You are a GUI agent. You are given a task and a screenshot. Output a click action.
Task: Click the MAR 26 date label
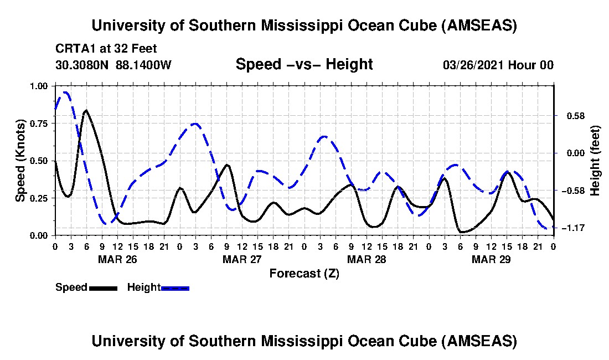(x=117, y=259)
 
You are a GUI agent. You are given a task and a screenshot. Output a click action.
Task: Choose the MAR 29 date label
(x=491, y=259)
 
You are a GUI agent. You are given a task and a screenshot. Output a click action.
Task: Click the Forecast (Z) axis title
(x=304, y=273)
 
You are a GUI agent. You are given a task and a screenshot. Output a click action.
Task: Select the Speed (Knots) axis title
(x=20, y=161)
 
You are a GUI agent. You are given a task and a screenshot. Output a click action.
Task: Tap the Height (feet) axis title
(x=595, y=161)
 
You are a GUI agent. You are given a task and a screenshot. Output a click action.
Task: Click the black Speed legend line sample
(x=102, y=287)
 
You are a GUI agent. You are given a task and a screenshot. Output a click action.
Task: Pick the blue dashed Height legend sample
(x=175, y=287)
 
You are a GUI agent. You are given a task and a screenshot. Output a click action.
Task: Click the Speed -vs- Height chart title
(x=304, y=64)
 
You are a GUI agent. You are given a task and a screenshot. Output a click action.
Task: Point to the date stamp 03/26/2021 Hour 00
(x=498, y=65)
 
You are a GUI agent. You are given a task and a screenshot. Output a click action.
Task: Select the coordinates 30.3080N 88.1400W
(x=113, y=65)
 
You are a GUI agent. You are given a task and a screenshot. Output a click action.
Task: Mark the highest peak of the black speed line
(x=86, y=110)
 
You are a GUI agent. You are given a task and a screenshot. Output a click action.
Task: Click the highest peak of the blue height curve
(x=65, y=92)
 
